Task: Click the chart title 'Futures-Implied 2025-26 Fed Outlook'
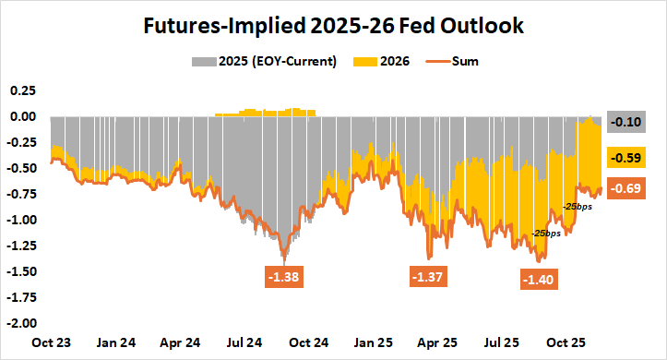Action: click(333, 26)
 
